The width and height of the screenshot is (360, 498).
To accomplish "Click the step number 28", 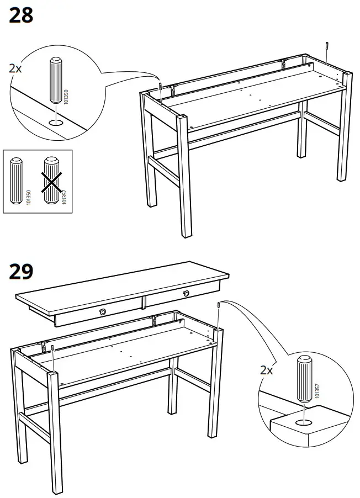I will tap(21, 15).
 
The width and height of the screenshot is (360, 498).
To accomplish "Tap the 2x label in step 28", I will tap(17, 69).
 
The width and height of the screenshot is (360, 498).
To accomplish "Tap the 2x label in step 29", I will tap(267, 370).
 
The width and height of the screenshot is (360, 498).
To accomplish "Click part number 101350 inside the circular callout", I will tap(67, 98).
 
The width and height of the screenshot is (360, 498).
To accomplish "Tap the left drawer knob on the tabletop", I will tap(103, 312).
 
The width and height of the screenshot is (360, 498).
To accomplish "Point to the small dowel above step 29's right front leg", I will tap(219, 305).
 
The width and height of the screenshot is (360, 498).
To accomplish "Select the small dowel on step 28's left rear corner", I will tap(160, 86).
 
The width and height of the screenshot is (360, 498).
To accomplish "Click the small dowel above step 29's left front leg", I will tap(52, 349).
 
